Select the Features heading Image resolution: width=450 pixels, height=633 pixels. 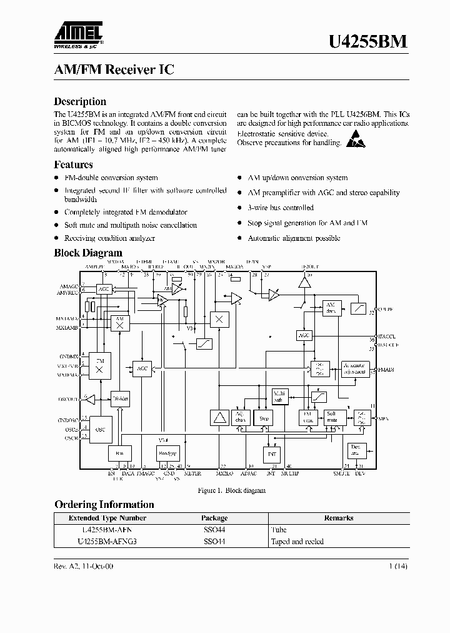point(73,165)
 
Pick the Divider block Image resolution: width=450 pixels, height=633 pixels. point(120,398)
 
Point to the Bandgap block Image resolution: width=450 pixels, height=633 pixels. point(167,453)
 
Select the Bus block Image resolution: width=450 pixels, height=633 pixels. point(119,453)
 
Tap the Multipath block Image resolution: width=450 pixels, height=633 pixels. point(279,396)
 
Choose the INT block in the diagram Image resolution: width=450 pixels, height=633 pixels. point(272,453)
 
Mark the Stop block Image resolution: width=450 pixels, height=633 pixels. point(264,418)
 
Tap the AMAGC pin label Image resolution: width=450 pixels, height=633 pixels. point(67,286)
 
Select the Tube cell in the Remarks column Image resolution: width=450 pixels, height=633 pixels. point(278,529)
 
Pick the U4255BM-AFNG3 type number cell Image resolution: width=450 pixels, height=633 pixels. point(107,541)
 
